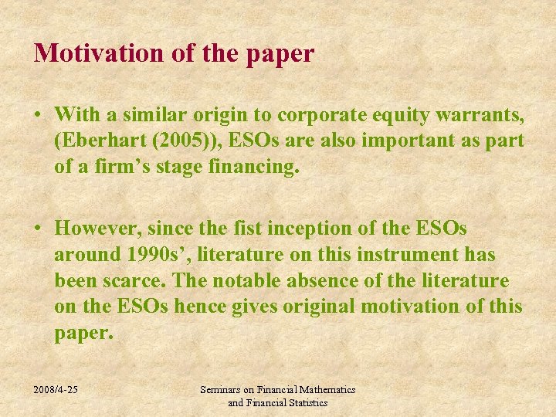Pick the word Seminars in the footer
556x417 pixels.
tap(221, 390)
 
